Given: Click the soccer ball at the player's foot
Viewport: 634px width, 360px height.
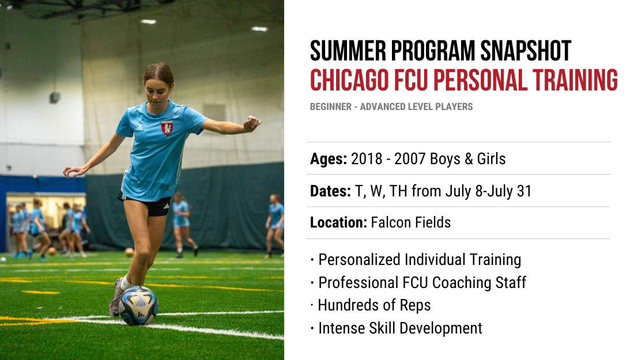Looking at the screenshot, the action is pos(138,305).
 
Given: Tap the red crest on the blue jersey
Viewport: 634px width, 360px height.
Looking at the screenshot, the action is pos(167,128).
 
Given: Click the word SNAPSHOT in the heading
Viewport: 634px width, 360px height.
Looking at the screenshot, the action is pos(526,51).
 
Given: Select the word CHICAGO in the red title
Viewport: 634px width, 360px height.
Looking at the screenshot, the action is pos(349,80).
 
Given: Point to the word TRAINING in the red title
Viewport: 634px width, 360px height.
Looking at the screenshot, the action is pos(575,80).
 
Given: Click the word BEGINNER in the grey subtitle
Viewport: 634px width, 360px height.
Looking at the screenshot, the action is pos(331,107).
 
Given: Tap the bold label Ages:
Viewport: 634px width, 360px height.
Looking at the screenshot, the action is pos(329,159).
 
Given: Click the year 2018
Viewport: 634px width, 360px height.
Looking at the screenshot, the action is pos(367,159).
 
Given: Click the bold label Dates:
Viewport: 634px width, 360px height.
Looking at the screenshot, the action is pos(330,191).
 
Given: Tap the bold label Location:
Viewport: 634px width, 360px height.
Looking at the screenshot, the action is pos(338,222).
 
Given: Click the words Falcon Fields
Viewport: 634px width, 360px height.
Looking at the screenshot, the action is pos(411,222).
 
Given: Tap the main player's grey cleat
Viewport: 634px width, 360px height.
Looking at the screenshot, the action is pos(116,297).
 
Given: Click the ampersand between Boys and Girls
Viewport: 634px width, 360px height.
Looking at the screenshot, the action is pos(469,159).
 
